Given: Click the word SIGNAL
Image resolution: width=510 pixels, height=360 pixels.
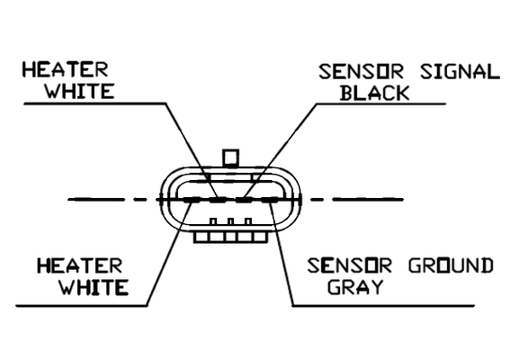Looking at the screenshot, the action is (460, 72).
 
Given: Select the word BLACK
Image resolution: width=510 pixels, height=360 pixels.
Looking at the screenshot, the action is (374, 93).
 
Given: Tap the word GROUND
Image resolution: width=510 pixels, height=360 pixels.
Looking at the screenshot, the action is (451, 265).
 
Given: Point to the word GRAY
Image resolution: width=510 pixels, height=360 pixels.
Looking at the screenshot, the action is (355, 287).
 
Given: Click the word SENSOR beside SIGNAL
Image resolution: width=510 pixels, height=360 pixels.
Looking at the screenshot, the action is (361, 72).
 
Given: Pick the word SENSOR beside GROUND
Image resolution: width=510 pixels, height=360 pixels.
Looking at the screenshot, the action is (350, 265).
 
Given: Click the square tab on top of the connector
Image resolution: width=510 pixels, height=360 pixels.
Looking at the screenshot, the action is (230, 157).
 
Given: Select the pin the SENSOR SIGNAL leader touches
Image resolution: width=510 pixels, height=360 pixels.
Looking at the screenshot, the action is (244, 200).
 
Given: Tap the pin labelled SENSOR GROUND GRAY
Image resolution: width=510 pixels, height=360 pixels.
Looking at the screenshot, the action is (270, 200).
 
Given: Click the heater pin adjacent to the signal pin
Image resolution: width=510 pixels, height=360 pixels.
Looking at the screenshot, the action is (218, 200).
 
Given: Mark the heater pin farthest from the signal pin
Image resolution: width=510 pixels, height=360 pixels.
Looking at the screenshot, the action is (192, 200).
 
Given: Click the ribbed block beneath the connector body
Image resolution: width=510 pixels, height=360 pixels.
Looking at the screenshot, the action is (230, 237).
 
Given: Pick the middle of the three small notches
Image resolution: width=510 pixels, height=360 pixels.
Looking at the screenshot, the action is (230, 221).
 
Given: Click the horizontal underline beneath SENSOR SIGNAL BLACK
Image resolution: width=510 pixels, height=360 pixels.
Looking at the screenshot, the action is (380, 104).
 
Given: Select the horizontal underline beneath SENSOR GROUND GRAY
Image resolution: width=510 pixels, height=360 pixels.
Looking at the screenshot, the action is (383, 306).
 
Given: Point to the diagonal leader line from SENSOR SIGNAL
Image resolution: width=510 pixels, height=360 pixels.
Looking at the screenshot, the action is (281, 151).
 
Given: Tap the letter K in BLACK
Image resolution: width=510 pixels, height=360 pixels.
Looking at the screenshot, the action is (402, 93).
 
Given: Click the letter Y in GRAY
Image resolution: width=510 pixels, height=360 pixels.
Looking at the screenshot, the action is (376, 287).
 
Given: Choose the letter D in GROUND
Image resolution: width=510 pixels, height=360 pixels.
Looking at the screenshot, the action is (487, 265).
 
